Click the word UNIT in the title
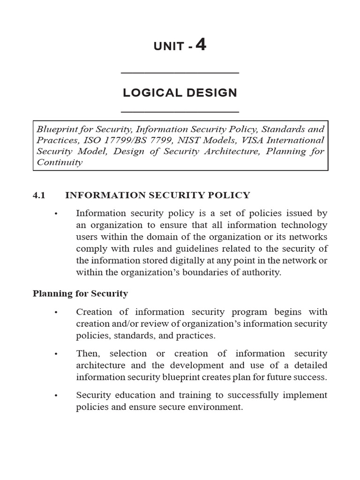[x=169, y=47]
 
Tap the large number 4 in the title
[x=201, y=45]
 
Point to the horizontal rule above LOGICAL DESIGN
[x=180, y=73]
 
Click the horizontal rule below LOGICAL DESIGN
[x=180, y=112]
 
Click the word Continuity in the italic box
[x=59, y=163]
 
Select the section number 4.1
[x=39, y=195]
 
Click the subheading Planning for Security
[x=80, y=294]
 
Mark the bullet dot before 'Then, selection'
[x=56, y=354]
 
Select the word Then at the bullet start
[x=87, y=353]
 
